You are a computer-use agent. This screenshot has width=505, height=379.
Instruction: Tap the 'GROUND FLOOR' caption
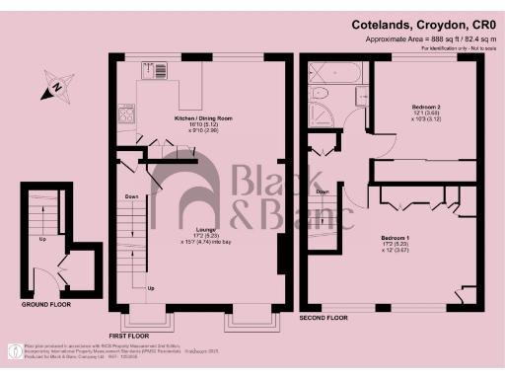pyautogui.click(x=47, y=305)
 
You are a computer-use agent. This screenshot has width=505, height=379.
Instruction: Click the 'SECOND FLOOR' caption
pyautogui.click(x=326, y=319)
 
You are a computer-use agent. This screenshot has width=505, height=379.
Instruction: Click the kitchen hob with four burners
pyautogui.click(x=127, y=114)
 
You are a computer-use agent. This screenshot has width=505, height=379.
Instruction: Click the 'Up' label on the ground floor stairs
pyautogui.click(x=41, y=239)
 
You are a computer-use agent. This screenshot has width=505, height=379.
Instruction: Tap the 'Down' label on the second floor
pyautogui.click(x=323, y=192)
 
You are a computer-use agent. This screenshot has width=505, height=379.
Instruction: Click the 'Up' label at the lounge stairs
pyautogui.click(x=151, y=288)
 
